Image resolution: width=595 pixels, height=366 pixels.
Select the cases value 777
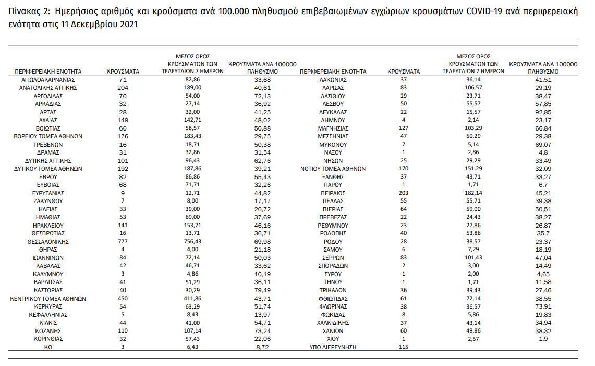[x=123, y=242]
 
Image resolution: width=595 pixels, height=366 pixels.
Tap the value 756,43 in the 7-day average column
[x=192, y=242]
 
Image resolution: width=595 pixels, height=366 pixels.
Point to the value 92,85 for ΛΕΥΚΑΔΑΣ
[x=543, y=112]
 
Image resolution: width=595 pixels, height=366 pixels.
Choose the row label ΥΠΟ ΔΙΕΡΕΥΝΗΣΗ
[x=333, y=347]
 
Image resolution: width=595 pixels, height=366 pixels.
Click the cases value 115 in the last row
[x=404, y=347]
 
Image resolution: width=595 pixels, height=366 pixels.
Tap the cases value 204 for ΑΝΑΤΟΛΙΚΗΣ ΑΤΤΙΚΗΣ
[x=123, y=88]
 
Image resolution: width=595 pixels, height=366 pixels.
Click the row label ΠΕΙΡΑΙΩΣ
[x=333, y=193]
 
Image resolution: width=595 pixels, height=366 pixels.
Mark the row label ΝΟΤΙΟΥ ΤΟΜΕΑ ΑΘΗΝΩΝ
[x=333, y=169]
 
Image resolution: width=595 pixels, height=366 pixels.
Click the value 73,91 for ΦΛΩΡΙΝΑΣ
[x=543, y=306]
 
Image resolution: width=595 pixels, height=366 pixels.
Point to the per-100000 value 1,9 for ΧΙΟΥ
[x=543, y=339]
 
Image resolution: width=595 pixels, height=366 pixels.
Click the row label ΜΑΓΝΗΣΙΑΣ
[x=333, y=128]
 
